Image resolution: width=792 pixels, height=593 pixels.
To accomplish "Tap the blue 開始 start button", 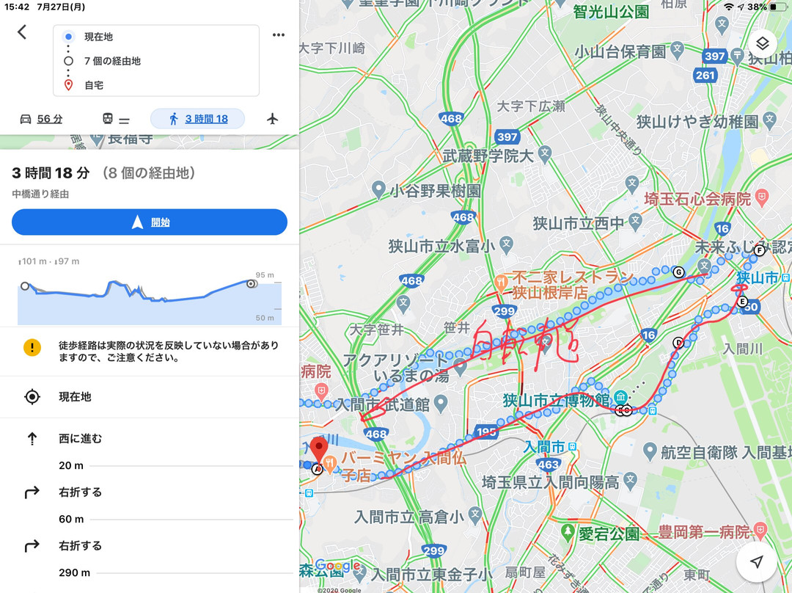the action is click(x=150, y=222).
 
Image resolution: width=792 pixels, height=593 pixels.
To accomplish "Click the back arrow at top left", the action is click(x=22, y=32).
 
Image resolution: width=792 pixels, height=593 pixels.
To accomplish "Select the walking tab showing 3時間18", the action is click(x=197, y=119).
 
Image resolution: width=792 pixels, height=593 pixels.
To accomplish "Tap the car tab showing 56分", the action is click(x=41, y=119).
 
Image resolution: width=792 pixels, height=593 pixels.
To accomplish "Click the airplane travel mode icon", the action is click(x=273, y=119).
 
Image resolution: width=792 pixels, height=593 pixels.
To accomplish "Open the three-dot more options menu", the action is click(x=279, y=34).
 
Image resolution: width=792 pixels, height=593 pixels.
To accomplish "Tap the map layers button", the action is click(x=763, y=43).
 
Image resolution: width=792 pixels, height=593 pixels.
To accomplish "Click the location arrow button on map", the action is click(x=757, y=561).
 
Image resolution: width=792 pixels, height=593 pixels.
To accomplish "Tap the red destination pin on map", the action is click(x=318, y=449).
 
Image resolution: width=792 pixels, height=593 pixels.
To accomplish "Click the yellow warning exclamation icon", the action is click(x=32, y=348).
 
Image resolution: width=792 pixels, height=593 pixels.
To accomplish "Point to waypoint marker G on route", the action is click(x=678, y=272).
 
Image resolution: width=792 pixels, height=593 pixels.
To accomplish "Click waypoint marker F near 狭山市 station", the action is click(x=760, y=250).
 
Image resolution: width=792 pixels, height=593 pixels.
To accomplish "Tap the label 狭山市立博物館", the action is click(x=556, y=401).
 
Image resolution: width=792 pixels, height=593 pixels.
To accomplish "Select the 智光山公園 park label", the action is click(x=611, y=12).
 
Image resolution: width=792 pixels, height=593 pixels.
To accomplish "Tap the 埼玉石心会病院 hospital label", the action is click(x=697, y=198).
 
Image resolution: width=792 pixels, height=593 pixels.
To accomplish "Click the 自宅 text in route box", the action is click(x=94, y=85).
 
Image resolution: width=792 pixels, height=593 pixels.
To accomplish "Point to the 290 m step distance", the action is click(x=75, y=572).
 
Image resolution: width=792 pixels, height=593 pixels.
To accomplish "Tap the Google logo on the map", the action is click(x=338, y=567).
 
